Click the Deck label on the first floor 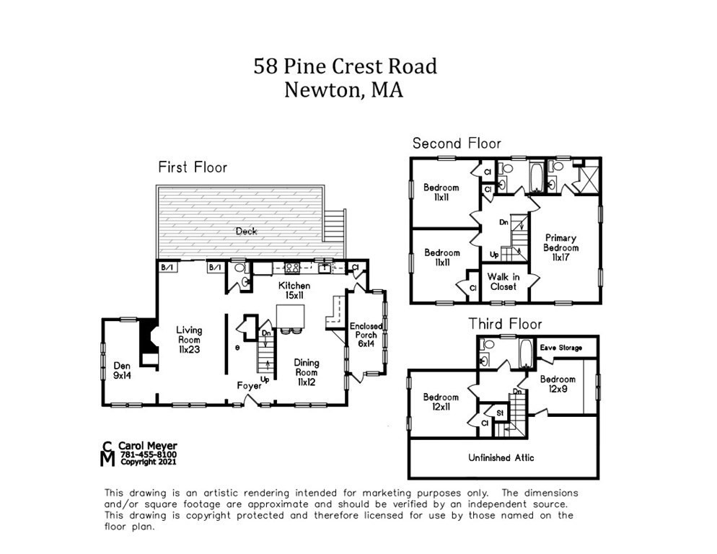(246, 232)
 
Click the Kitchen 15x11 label (295, 291)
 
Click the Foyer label (250, 386)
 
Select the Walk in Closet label (503, 282)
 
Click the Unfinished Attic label (501, 457)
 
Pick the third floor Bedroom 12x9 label (558, 384)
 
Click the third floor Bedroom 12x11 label (441, 403)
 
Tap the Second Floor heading (456, 144)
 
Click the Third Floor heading (505, 324)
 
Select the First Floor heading (193, 167)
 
